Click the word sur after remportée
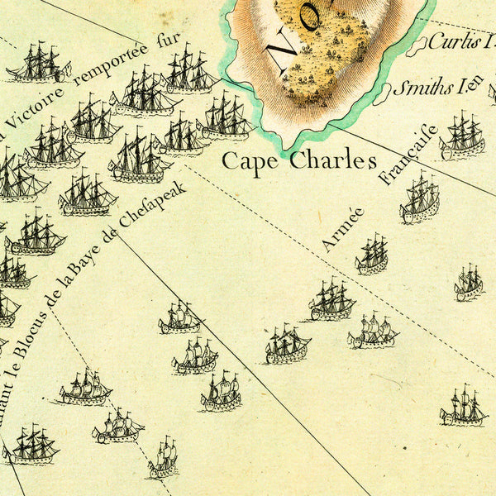[x=169, y=41]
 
